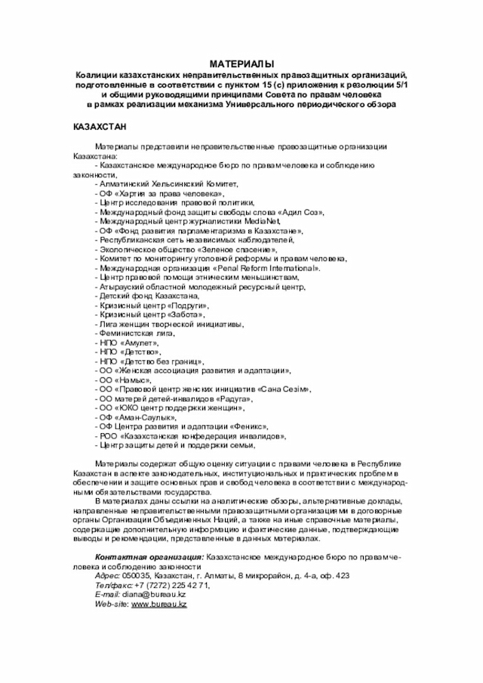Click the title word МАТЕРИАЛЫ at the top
click(241, 66)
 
